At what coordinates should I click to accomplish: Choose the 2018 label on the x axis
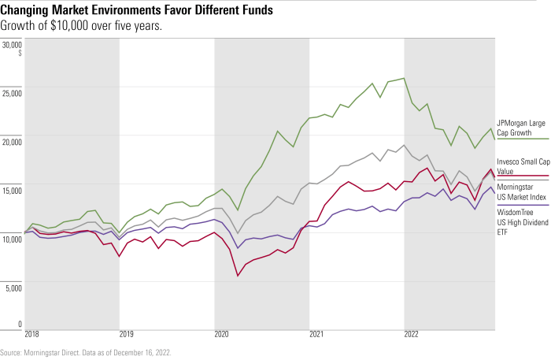pyautogui.click(x=32, y=334)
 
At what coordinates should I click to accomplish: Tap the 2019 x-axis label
pyautogui.click(x=127, y=334)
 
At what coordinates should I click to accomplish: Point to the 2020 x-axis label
pyautogui.click(x=222, y=334)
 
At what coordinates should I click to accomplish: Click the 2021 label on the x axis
pyautogui.click(x=316, y=334)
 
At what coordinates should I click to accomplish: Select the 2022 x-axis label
pyautogui.click(x=412, y=334)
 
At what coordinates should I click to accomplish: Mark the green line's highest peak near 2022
pyautogui.click(x=404, y=78)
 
